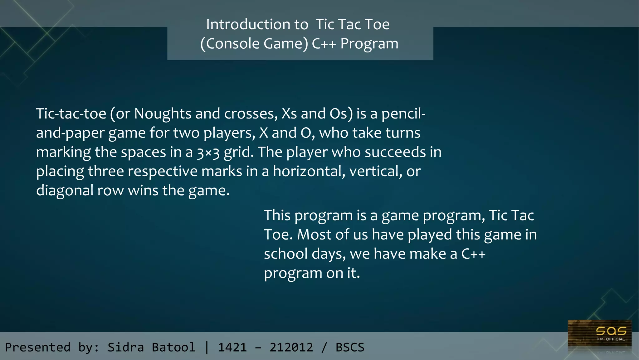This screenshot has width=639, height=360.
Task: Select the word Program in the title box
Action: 369,44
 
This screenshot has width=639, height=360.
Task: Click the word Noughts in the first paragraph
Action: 163,114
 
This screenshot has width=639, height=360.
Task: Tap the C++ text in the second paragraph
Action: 473,254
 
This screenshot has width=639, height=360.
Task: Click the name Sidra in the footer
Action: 126,347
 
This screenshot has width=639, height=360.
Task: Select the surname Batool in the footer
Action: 173,347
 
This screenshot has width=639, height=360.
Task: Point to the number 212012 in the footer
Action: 291,347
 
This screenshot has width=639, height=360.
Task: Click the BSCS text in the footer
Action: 350,347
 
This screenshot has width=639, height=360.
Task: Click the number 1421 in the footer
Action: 232,347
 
